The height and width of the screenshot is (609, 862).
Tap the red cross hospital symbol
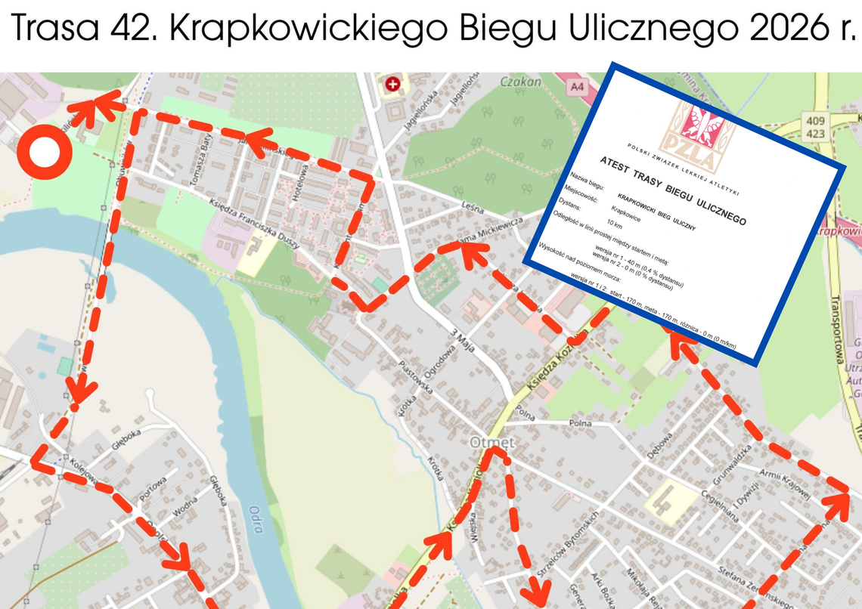click(392, 85)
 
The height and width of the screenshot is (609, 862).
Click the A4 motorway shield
click(577, 88)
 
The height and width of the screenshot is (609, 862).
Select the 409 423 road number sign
click(814, 128)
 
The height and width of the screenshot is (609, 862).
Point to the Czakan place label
click(520, 82)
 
